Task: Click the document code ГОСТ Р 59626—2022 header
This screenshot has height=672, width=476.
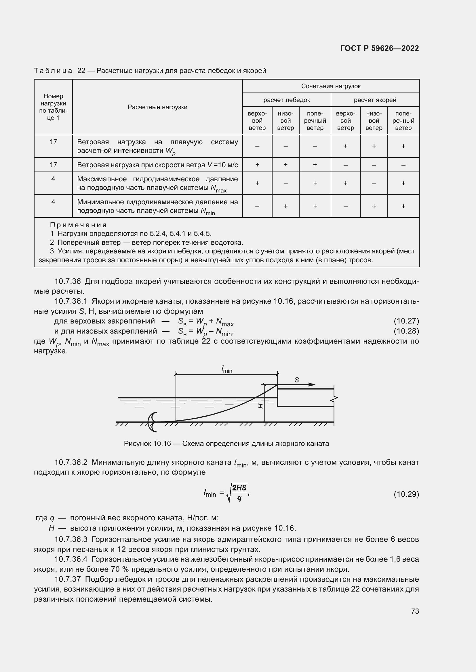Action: coord(379,48)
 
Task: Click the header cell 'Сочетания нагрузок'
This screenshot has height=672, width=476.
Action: coord(331,86)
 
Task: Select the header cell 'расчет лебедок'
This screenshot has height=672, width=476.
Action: coord(286,100)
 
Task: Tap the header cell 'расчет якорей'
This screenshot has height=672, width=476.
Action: coord(375,100)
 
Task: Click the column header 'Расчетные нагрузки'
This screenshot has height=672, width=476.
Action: coord(157,107)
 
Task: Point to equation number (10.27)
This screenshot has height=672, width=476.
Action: coord(406,321)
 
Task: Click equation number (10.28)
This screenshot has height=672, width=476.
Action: coord(406,331)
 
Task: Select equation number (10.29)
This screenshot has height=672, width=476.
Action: coord(406,494)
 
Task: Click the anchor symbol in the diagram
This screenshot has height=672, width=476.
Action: coord(153,422)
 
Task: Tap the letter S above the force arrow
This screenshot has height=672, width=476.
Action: coord(297,380)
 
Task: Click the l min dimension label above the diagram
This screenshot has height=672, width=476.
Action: coord(227,370)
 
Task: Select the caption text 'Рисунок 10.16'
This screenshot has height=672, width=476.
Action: coord(147,443)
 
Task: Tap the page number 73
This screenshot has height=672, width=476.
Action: coord(415,611)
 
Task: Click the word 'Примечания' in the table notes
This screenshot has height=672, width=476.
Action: coord(78,225)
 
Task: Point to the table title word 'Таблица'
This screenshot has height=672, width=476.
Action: coord(53,71)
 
